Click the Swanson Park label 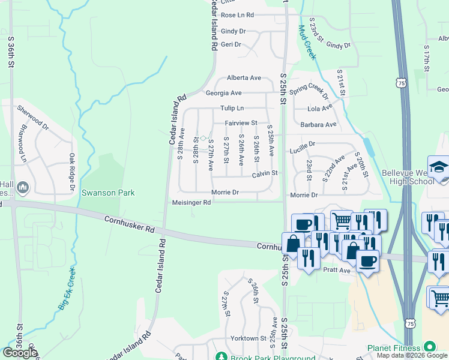pos(108,193)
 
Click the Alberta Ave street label pos(244,78)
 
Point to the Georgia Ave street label pos(223,93)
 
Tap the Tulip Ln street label pos(232,108)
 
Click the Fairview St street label pos(241,123)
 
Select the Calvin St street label pos(265,173)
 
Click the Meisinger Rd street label pos(191,203)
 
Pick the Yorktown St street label pos(247,338)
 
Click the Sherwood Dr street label pos(32,118)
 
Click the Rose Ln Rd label pos(237,15)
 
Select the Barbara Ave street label pos(318,125)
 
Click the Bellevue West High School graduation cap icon pos(438,166)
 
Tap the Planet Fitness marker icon pos(429,347)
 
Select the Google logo pos(20,353)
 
